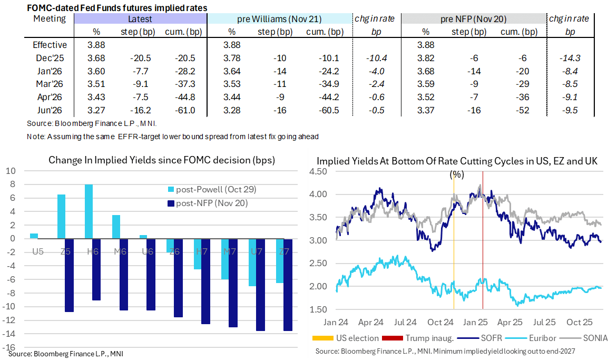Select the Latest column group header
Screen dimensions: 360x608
(140, 19)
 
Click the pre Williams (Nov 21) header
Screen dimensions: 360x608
(279, 19)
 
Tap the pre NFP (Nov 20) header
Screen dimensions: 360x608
(473, 19)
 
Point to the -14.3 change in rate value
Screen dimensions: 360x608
(570, 57)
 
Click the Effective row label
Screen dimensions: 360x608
(50, 45)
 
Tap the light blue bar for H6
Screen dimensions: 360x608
(89, 211)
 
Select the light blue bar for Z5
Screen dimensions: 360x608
(61, 216)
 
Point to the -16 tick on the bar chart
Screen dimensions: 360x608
(11, 348)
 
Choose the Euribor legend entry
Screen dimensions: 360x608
(535, 338)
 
